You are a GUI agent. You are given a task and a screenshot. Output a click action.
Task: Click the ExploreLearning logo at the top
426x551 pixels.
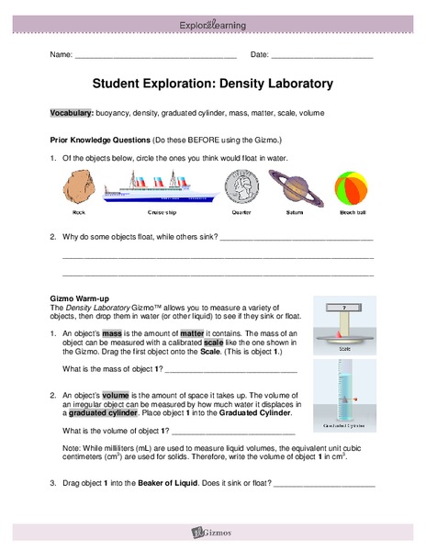click(x=212, y=25)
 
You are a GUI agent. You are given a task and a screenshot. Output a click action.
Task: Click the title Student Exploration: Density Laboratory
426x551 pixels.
click(x=212, y=84)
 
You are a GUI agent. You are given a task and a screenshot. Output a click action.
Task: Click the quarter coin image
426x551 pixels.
click(x=241, y=189)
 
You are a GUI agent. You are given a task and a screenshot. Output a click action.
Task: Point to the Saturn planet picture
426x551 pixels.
click(x=296, y=189)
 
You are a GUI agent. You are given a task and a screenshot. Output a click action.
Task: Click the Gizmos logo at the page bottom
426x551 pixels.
click(x=212, y=531)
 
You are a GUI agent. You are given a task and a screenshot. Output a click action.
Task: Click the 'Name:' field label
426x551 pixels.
click(x=61, y=55)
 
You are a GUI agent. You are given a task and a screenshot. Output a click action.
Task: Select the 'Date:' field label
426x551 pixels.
click(x=260, y=55)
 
